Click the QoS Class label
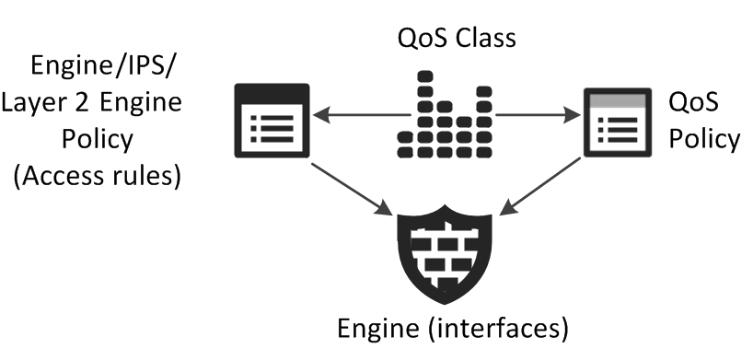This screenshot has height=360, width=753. click(x=457, y=38)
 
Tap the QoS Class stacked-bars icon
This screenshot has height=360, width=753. click(x=445, y=114)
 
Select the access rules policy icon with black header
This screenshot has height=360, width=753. click(x=272, y=121)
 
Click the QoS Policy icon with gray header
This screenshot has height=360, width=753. click(x=618, y=122)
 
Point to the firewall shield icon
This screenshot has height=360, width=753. click(x=445, y=255)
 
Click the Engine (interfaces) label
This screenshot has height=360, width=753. click(x=453, y=329)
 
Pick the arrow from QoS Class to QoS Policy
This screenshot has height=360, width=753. click(x=538, y=115)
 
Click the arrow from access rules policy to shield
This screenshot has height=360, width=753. click(x=352, y=190)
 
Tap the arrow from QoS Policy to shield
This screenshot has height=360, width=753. click(x=540, y=186)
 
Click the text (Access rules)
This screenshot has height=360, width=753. click(x=98, y=176)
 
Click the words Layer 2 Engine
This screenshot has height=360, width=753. click(x=92, y=102)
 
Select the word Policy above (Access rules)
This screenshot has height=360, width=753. click(x=98, y=139)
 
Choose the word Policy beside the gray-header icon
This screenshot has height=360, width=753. click(x=704, y=139)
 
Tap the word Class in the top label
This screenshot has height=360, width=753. click(x=486, y=38)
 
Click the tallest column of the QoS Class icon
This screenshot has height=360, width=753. click(x=425, y=114)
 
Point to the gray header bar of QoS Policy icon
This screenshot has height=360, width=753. click(x=618, y=100)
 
